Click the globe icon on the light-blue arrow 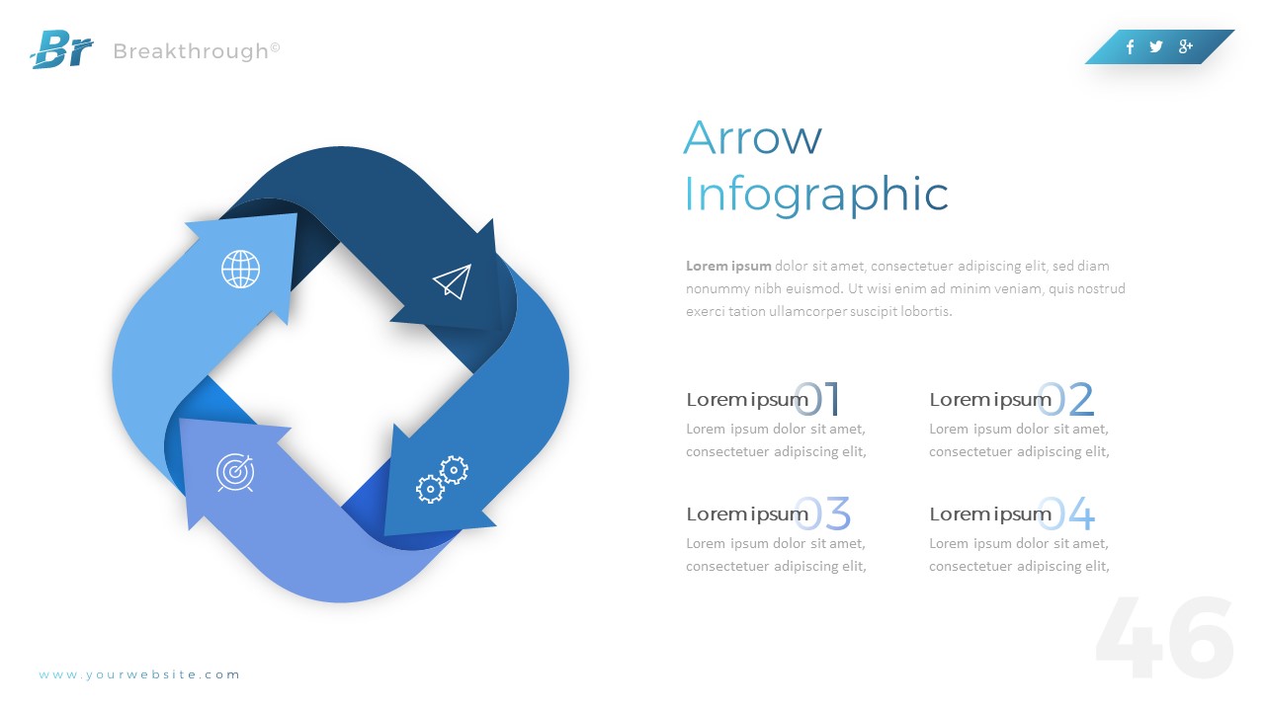[240, 269]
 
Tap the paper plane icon [452, 281]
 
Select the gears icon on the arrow [442, 479]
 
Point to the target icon [235, 473]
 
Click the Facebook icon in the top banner [1130, 46]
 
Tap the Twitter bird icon [1156, 46]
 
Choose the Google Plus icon [1186, 46]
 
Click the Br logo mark [61, 49]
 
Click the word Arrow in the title [752, 137]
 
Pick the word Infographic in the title [815, 195]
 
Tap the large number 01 [819, 400]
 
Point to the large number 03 [824, 514]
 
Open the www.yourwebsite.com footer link [139, 675]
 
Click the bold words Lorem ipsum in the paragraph [728, 266]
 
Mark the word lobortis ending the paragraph [928, 311]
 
